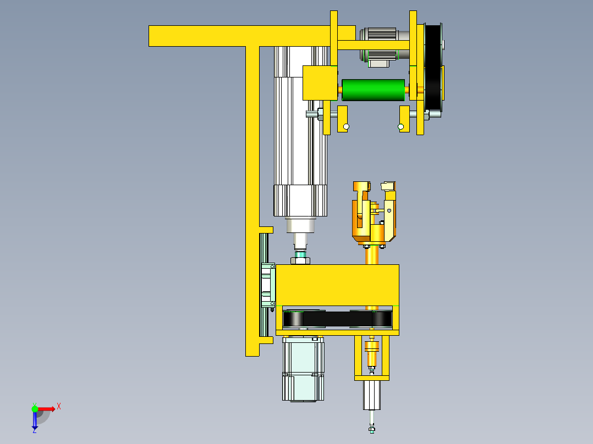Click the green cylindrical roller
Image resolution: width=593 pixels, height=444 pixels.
tap(372, 90)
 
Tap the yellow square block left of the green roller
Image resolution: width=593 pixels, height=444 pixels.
tap(319, 83)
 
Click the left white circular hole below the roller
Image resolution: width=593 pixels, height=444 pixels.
tap(346, 127)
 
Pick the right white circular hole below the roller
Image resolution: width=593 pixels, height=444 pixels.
tap(400, 127)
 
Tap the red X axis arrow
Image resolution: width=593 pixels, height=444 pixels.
tap(46, 408)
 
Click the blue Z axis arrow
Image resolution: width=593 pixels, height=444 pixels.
tap(35, 420)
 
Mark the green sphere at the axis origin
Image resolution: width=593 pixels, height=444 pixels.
tap(35, 408)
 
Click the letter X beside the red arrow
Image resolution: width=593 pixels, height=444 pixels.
tap(59, 407)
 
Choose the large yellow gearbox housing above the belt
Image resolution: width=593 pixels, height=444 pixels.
tap(337, 285)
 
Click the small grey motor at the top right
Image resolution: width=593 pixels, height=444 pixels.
tap(379, 44)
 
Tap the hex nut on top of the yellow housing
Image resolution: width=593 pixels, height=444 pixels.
tap(301, 260)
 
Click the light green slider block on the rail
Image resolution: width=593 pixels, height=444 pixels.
tap(268, 285)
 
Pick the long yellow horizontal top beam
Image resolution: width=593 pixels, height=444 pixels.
tap(231, 36)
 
